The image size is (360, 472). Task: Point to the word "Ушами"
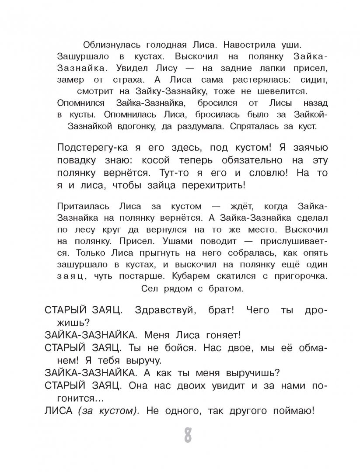[159, 241]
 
